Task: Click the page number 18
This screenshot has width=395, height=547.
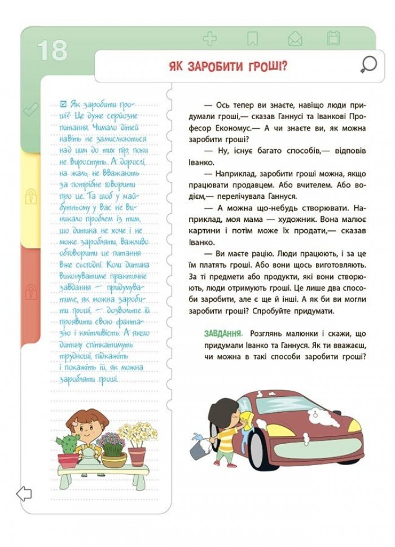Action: pyautogui.click(x=52, y=50)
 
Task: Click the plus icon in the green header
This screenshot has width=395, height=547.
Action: pyautogui.click(x=210, y=39)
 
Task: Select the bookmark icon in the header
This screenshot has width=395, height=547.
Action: pyautogui.click(x=252, y=39)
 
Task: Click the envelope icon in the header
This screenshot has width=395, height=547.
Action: pyautogui.click(x=295, y=39)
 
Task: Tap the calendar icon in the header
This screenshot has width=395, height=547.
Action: pyautogui.click(x=333, y=38)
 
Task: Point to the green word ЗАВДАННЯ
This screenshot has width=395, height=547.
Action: pyautogui.click(x=223, y=334)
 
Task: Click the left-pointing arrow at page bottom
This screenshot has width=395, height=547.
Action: pyautogui.click(x=24, y=494)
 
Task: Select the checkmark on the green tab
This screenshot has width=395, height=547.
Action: pyautogui.click(x=30, y=110)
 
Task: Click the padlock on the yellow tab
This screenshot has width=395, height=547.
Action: pyautogui.click(x=30, y=196)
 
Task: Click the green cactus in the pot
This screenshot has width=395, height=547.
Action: pyautogui.click(x=68, y=443)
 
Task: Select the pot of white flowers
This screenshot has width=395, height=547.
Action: pyautogui.click(x=137, y=444)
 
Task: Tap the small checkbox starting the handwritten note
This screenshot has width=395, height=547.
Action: pyautogui.click(x=63, y=104)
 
